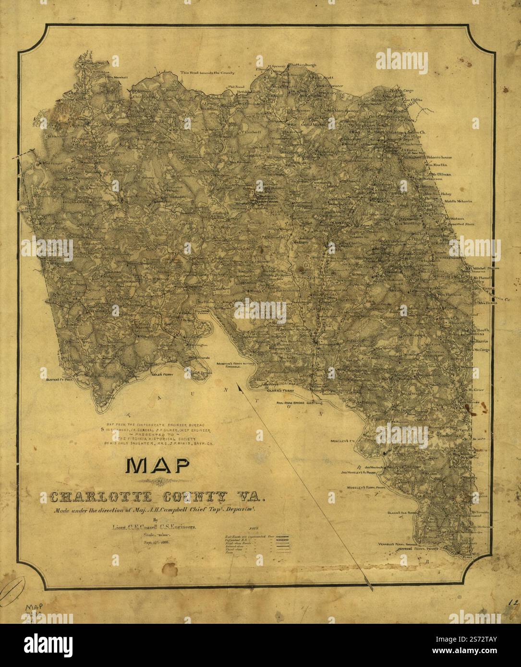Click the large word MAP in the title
pos(157,465)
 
